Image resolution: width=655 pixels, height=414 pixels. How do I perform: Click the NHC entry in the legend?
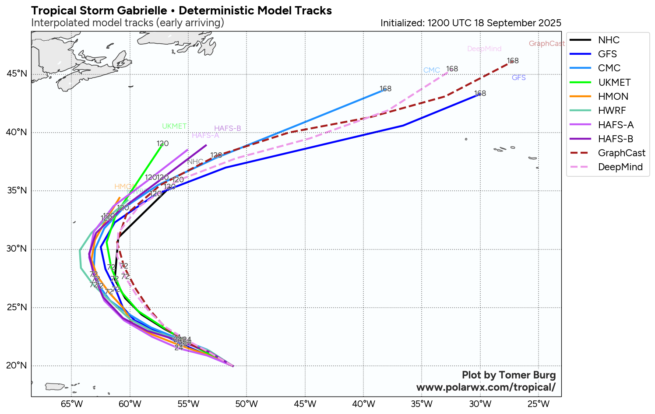point(609,40)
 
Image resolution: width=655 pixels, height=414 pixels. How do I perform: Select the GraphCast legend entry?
point(621,153)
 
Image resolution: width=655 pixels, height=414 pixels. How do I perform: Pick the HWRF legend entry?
point(612,111)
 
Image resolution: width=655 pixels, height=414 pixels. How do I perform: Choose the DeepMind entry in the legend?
point(620,167)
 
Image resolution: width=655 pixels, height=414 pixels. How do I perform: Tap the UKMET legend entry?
point(614,83)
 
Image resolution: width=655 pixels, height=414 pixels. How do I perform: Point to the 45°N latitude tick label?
point(17,74)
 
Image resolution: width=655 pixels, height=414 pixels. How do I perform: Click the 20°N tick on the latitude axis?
point(17,365)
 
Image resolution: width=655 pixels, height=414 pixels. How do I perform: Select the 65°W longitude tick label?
point(72,403)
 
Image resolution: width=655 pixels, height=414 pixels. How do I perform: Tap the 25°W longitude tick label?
point(539,403)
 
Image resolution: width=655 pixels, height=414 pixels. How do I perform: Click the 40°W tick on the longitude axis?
point(363,403)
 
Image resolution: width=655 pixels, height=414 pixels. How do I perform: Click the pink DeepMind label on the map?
point(484,49)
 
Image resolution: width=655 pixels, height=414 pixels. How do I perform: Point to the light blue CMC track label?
point(431,70)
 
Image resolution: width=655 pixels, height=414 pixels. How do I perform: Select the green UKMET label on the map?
point(174,126)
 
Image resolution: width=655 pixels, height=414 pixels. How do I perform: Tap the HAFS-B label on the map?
point(227,129)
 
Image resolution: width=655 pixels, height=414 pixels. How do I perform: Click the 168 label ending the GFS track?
point(480,94)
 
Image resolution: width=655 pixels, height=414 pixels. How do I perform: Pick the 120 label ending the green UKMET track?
point(162,144)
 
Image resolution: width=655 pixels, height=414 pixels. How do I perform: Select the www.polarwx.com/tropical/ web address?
point(486,387)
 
